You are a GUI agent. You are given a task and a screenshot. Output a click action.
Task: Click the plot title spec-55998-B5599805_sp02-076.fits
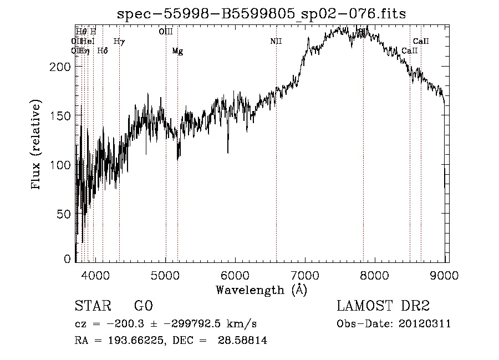[x=261, y=14]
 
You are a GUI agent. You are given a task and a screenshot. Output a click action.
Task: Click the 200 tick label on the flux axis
[x=62, y=67]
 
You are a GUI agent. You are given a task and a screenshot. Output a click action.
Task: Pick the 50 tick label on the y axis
[x=65, y=214]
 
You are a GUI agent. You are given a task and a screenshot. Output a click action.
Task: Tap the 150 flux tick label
[x=62, y=115]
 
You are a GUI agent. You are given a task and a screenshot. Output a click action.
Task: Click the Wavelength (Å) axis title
[x=261, y=290]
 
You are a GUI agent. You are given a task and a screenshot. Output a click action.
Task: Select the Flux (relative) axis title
[x=37, y=146]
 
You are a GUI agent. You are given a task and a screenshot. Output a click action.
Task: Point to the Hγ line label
[x=119, y=41]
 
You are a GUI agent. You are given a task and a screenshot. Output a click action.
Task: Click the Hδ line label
[x=103, y=51]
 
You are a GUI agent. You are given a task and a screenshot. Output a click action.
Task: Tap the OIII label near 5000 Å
[x=166, y=32]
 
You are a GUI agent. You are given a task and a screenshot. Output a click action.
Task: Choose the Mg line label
[x=177, y=51]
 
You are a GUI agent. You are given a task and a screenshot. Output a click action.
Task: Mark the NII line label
[x=276, y=41]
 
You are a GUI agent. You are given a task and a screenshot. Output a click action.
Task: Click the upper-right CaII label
[x=421, y=41]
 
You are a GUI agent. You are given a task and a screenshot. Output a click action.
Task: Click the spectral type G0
[x=143, y=306]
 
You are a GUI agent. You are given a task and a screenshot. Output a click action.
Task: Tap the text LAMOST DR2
[x=383, y=306]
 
